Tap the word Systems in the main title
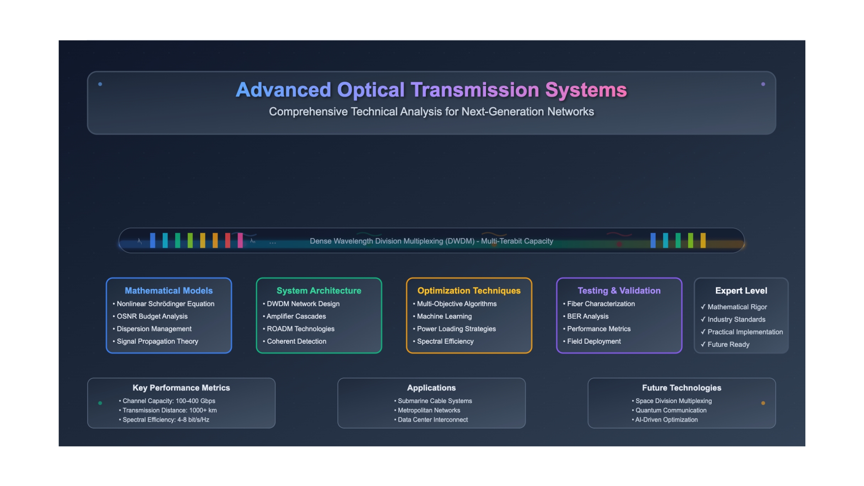pos(586,90)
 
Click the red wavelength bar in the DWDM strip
pos(228,240)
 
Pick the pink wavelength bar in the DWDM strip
pos(240,240)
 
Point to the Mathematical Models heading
pos(169,290)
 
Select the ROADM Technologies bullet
pos(299,329)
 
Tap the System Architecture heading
pos(319,290)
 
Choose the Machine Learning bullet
pos(442,316)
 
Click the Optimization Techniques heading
pos(469,290)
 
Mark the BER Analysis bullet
pos(586,316)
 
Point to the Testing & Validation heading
pos(619,290)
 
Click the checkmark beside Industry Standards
pos(703,319)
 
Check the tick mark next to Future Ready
pos(703,344)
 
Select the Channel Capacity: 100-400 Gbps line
pos(167,401)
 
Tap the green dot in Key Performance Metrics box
pos(100,403)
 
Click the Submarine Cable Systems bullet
pos(433,401)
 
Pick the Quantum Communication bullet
pos(669,410)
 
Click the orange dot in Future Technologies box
pos(763,403)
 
